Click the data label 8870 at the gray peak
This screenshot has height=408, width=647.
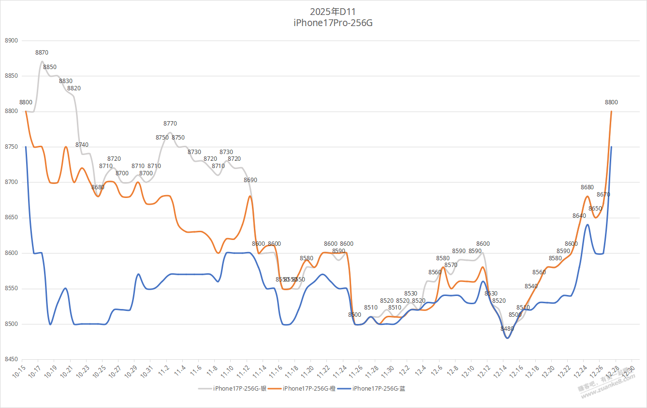(x=42, y=53)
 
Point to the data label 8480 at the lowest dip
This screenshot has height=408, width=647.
(x=507, y=329)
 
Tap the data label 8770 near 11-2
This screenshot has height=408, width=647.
(x=170, y=124)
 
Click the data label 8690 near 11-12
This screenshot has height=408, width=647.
(x=250, y=180)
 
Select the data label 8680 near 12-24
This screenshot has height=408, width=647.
(x=587, y=187)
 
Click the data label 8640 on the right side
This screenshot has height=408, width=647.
(x=579, y=216)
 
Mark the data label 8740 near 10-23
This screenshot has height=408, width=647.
(x=82, y=145)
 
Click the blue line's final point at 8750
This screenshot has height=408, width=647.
(x=611, y=147)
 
